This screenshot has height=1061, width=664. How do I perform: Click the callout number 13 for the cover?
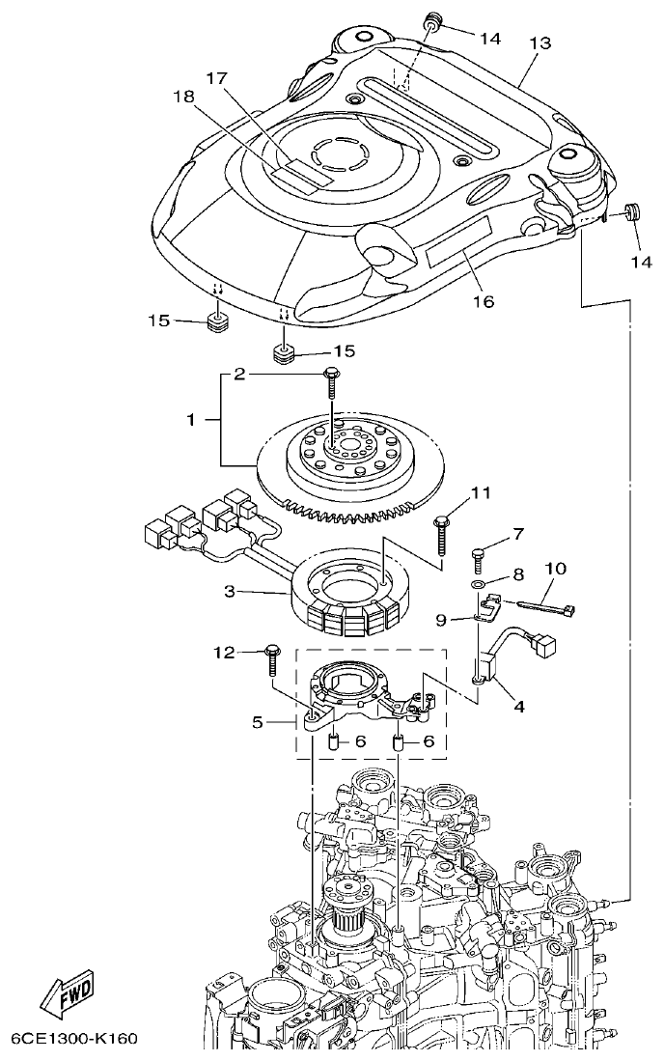point(539,43)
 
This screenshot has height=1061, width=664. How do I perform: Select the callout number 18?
point(183,97)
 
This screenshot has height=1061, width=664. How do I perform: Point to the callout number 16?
point(483,301)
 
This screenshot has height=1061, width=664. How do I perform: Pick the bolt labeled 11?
point(442,531)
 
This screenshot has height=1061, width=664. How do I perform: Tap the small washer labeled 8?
point(479,586)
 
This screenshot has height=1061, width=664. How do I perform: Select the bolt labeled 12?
point(270,660)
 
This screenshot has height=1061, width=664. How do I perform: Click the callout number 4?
point(518,707)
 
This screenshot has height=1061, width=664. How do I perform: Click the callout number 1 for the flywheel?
point(191,420)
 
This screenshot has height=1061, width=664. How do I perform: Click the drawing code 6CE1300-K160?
point(74,1039)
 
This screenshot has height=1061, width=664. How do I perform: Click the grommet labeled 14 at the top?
point(430,20)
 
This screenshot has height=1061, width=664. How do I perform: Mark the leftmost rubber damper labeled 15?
point(218,320)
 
